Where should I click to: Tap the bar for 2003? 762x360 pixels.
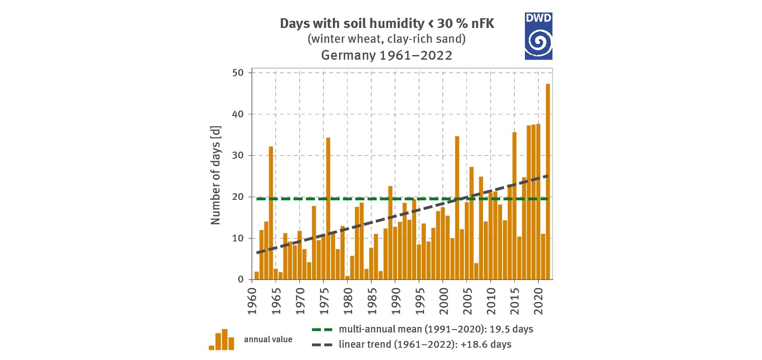click(457, 208)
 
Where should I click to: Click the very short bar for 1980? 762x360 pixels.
click(347, 277)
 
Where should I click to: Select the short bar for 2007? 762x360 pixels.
click(476, 271)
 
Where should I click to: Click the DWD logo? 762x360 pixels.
click(538, 36)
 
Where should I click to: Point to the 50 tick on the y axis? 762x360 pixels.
click(238, 73)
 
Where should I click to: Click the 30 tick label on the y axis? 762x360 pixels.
click(238, 155)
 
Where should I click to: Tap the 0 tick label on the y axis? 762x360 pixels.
click(240, 280)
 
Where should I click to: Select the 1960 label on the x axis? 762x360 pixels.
click(252, 301)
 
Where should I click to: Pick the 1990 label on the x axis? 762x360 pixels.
click(396, 301)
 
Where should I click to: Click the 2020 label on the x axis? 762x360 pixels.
click(538, 301)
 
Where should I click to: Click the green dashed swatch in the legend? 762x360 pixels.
click(322, 330)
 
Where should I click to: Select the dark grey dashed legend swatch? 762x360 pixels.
click(322, 345)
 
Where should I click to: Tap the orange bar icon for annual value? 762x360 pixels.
click(221, 340)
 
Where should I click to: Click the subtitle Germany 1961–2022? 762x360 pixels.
click(387, 55)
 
